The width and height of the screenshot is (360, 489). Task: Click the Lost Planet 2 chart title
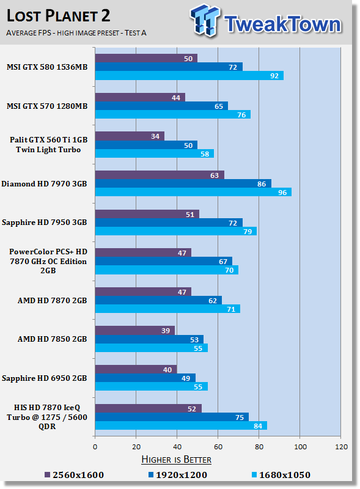click(x=58, y=16)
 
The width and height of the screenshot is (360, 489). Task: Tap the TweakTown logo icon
click(x=205, y=20)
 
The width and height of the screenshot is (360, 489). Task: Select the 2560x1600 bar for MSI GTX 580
click(x=146, y=58)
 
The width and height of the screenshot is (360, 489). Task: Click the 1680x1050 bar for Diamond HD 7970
click(x=193, y=192)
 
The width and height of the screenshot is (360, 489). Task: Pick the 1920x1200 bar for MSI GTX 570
click(x=161, y=106)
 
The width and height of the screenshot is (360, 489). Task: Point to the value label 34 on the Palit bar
click(x=155, y=136)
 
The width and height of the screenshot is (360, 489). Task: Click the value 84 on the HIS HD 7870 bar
click(x=258, y=425)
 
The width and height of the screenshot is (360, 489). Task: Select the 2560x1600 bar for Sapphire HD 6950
click(x=136, y=369)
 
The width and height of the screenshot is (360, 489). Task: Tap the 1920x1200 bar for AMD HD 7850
click(x=149, y=339)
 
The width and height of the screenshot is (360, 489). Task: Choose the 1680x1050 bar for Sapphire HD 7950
click(x=176, y=231)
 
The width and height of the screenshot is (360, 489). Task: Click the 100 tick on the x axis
click(x=300, y=447)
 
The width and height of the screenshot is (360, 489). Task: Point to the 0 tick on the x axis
click(x=95, y=447)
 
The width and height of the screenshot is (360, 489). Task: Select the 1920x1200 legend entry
click(x=178, y=475)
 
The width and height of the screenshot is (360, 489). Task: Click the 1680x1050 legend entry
click(x=281, y=475)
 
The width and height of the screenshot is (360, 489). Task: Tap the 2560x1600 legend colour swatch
click(x=48, y=475)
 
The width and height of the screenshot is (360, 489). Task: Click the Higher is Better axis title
click(x=176, y=460)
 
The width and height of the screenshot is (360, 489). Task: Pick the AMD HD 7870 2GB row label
click(x=52, y=301)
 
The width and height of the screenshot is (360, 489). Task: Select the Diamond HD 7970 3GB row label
click(x=44, y=184)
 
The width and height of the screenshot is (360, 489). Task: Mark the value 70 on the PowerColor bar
click(x=229, y=270)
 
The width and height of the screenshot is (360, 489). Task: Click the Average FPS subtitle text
click(x=76, y=33)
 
